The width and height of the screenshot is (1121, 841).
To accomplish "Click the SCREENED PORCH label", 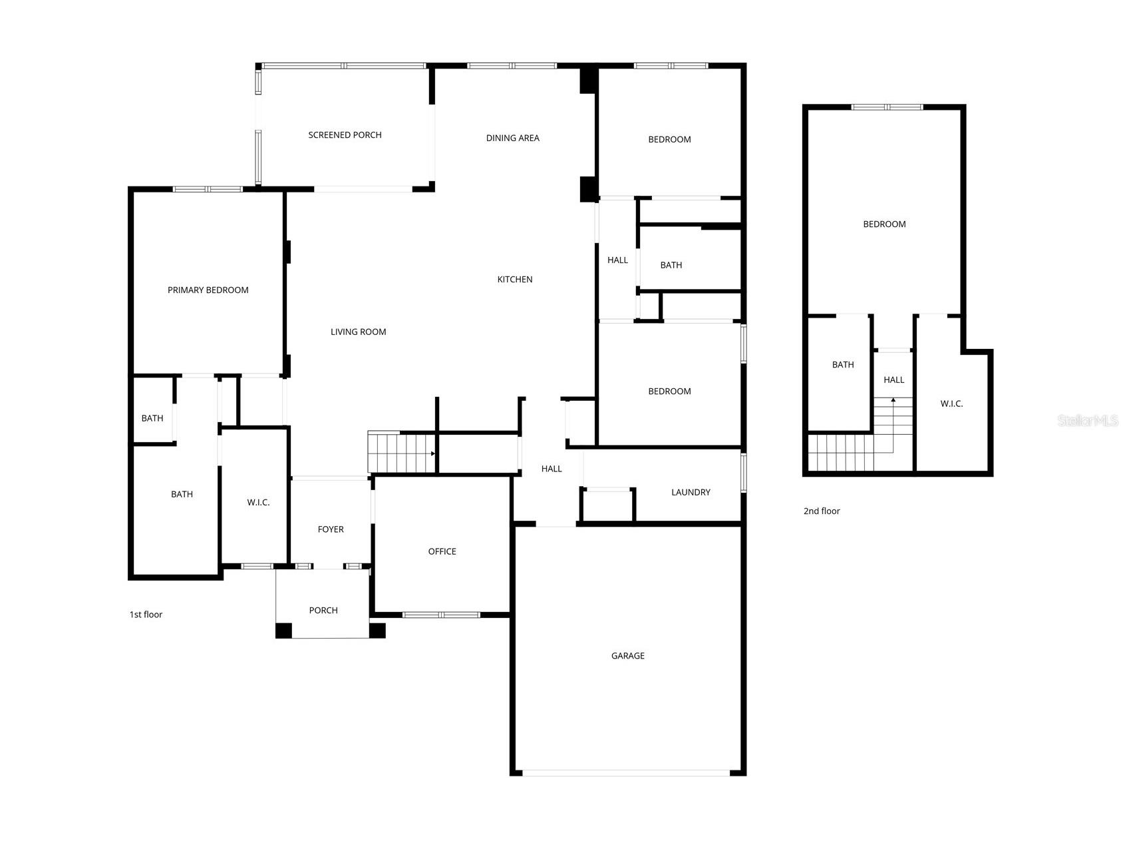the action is (x=345, y=135).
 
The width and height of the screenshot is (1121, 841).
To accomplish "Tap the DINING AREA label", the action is (x=512, y=139).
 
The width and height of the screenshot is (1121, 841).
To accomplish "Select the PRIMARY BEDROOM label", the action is (x=208, y=290).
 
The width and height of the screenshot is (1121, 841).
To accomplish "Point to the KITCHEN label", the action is (x=515, y=280).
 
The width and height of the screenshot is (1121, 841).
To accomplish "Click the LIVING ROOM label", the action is (x=358, y=332).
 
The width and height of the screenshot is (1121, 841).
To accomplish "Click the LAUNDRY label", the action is (x=691, y=493).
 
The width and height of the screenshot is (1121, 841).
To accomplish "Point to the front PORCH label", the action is (x=323, y=611).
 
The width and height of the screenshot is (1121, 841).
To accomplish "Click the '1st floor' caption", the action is (x=146, y=615).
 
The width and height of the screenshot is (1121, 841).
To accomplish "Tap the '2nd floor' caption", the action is (x=822, y=511).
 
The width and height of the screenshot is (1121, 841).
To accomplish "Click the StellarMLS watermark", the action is (x=1088, y=421).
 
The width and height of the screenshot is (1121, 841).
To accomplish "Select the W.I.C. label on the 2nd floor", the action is (x=951, y=404).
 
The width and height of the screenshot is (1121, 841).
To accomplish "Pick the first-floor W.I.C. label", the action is (x=258, y=503).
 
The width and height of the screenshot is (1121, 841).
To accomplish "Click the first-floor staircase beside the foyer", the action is (x=401, y=452).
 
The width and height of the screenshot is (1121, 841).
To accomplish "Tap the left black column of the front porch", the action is (x=283, y=631).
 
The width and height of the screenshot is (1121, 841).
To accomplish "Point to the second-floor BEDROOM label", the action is (x=884, y=224).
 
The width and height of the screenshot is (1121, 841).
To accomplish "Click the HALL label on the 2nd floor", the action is (x=893, y=380).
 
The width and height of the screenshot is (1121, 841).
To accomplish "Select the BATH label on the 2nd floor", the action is (x=843, y=365).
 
